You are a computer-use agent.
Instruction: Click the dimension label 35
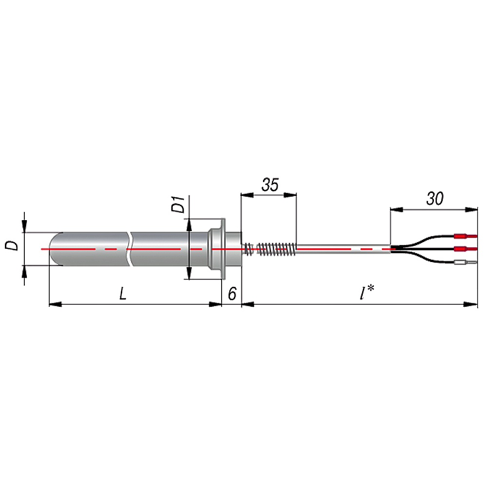[270, 185]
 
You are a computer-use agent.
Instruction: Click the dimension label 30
[434, 199]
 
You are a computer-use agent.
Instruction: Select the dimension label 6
[232, 294]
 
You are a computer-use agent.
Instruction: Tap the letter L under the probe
[123, 293]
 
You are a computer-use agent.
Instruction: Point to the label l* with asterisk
[367, 293]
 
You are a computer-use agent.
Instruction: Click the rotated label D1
[178, 204]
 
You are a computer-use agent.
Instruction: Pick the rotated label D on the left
[12, 245]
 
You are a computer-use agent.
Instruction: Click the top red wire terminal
[465, 236]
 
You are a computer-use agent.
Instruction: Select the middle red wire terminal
[465, 249]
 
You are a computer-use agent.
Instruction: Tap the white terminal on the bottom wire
[465, 262]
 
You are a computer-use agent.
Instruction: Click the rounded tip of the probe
[56, 249]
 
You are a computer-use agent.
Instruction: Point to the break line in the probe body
[129, 249]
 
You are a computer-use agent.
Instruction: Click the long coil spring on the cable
[277, 249]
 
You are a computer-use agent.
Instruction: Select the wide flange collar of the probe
[223, 249]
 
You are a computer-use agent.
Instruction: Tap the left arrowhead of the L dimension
[56, 304]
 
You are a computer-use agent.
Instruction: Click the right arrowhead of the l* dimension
[471, 304]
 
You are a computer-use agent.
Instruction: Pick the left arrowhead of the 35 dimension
[247, 195]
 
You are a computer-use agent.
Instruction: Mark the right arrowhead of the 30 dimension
[471, 209]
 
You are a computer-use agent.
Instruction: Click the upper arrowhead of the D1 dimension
[189, 225]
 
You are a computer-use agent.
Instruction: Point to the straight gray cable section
[343, 249]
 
